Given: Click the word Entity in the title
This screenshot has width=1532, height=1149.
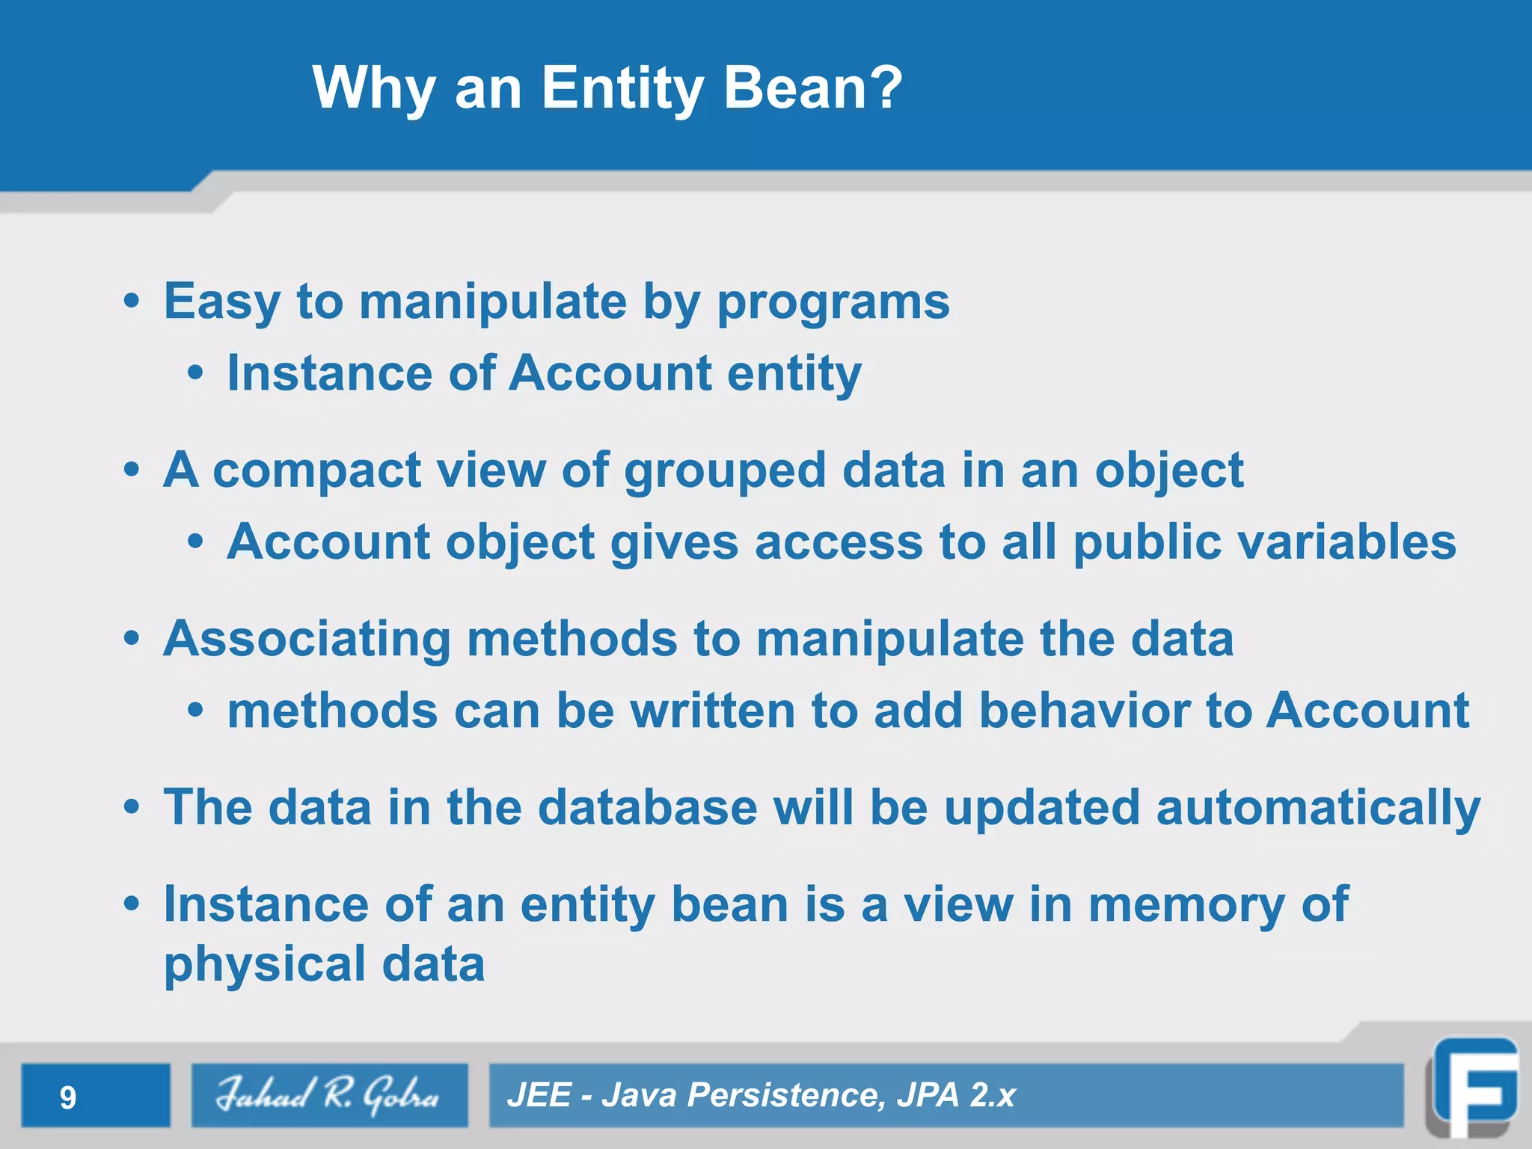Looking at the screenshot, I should click(x=622, y=88).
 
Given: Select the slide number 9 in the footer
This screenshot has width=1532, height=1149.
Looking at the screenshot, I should click(x=68, y=1097).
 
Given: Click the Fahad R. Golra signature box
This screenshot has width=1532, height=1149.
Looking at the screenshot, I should click(x=329, y=1095).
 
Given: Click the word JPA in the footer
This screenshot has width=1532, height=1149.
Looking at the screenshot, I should click(x=928, y=1095).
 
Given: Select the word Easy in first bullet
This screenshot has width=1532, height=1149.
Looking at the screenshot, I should click(x=222, y=302).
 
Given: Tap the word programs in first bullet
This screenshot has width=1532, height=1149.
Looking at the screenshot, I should click(x=833, y=302).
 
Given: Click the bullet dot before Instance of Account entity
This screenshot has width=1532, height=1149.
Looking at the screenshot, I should click(x=195, y=373).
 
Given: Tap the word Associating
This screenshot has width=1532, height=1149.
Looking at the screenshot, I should click(x=307, y=640).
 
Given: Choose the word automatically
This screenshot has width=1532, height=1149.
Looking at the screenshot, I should click(x=1318, y=808).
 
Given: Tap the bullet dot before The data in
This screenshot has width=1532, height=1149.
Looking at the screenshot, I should click(x=132, y=808).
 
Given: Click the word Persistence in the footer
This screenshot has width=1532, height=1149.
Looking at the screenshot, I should click(x=785, y=1095).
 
